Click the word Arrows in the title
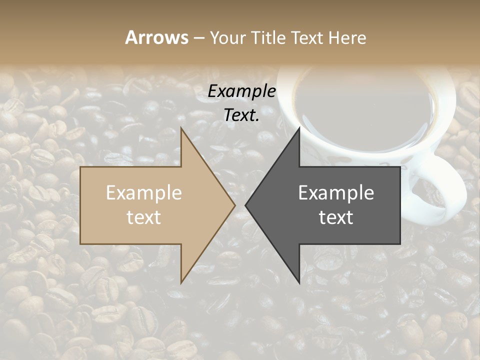156,37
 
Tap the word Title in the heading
267,37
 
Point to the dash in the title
198,38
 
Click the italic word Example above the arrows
242,91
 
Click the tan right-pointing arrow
150,205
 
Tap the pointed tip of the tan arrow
233,205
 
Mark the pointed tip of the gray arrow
247,205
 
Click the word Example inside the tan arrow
144,193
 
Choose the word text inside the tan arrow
144,217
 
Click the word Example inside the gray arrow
336,193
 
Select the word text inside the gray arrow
336,217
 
